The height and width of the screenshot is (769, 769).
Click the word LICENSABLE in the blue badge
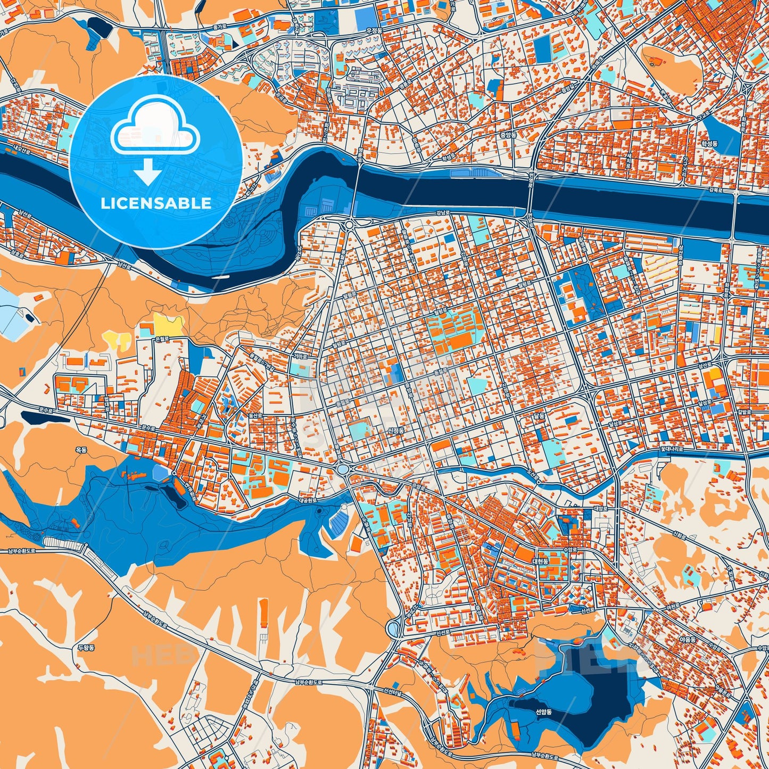pyautogui.click(x=155, y=203)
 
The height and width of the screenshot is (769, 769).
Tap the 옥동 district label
pyautogui.click(x=81, y=450)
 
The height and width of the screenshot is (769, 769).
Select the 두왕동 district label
pyautogui.click(x=85, y=648)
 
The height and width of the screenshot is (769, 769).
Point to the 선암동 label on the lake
pyautogui.click(x=543, y=712)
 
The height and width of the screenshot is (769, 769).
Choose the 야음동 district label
pyautogui.click(x=688, y=639)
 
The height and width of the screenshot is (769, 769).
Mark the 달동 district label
pyautogui.click(x=540, y=417)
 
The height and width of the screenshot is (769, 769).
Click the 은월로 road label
pyautogui.click(x=161, y=338)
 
